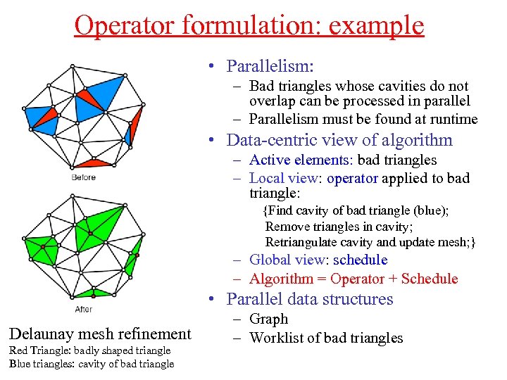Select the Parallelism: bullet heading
pyautogui.click(x=270, y=66)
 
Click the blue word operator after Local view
pyautogui.click(x=352, y=178)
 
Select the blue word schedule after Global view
pyautogui.click(x=360, y=260)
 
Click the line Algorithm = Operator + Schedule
pyautogui.click(x=353, y=279)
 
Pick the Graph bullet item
pyautogui.click(x=268, y=319)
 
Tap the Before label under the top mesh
pyautogui.click(x=83, y=177)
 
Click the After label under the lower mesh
pyautogui.click(x=83, y=309)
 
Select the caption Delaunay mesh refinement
pyautogui.click(x=100, y=334)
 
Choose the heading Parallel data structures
pyautogui.click(x=310, y=299)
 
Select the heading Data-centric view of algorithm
pyautogui.click(x=339, y=139)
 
